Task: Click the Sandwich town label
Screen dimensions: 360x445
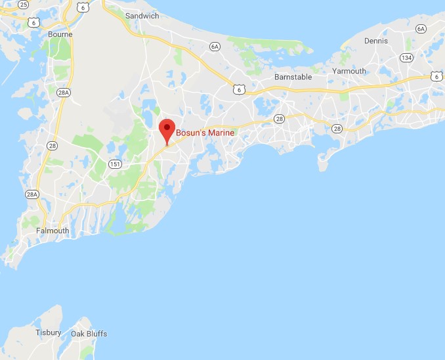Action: click(142, 15)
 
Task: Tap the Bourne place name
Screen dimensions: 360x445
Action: click(60, 34)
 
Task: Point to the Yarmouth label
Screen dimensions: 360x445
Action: click(349, 71)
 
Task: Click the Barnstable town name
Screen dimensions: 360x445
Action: click(292, 77)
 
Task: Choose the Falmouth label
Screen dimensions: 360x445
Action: click(53, 231)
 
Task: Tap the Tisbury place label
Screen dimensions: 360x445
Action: click(49, 333)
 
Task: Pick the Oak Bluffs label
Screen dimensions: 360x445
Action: click(89, 334)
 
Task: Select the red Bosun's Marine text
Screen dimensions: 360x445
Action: click(205, 133)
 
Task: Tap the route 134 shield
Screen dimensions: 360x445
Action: click(408, 58)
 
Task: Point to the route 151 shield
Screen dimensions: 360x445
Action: click(115, 164)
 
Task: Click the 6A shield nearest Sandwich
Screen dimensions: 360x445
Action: click(215, 46)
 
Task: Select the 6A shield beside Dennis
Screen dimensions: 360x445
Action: click(421, 29)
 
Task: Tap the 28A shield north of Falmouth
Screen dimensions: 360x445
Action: click(32, 194)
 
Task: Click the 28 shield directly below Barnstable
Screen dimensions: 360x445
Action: click(279, 119)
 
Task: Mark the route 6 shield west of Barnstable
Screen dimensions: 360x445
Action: click(241, 89)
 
